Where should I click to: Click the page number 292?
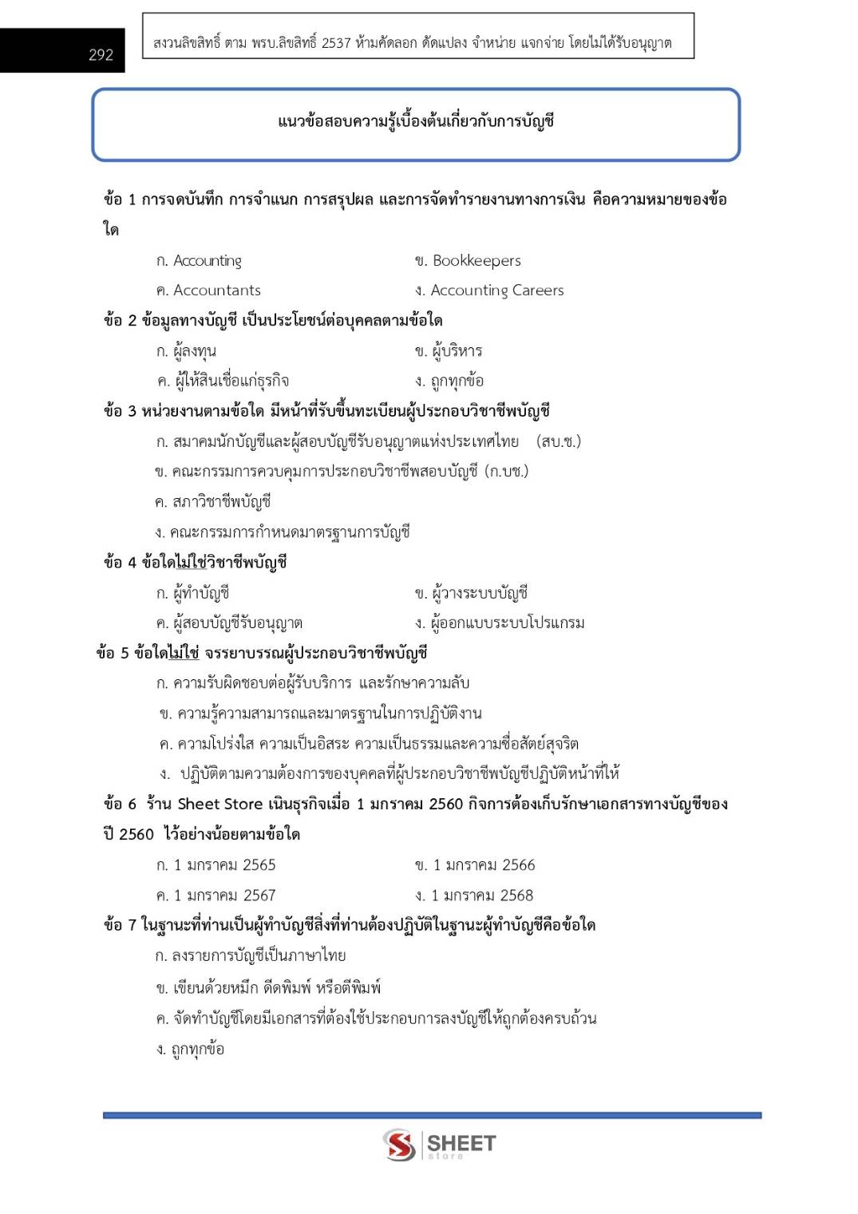pyautogui.click(x=101, y=54)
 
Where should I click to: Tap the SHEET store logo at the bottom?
pyautogui.click(x=439, y=1145)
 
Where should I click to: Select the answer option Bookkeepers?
pyautogui.click(x=476, y=260)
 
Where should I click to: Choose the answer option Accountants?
pyautogui.click(x=216, y=291)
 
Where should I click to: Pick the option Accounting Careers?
pyautogui.click(x=496, y=291)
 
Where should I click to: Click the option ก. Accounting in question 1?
pyautogui.click(x=200, y=260)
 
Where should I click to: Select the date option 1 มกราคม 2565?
pyautogui.click(x=224, y=865)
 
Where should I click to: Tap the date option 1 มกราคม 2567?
pyautogui.click(x=224, y=896)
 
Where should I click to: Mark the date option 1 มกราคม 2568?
pyautogui.click(x=482, y=896)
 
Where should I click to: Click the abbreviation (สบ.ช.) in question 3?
pyautogui.click(x=559, y=441)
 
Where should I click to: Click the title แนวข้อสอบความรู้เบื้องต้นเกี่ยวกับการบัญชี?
pyautogui.click(x=416, y=121)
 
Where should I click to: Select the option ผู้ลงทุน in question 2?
pyautogui.click(x=194, y=351)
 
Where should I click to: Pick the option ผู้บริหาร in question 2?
pyautogui.click(x=457, y=351)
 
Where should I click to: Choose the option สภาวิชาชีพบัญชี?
pyautogui.click(x=221, y=502)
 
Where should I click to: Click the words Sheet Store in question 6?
pyautogui.click(x=219, y=804)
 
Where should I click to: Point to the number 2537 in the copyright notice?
pyautogui.click(x=336, y=43)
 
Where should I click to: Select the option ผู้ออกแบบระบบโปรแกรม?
pyautogui.click(x=507, y=623)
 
